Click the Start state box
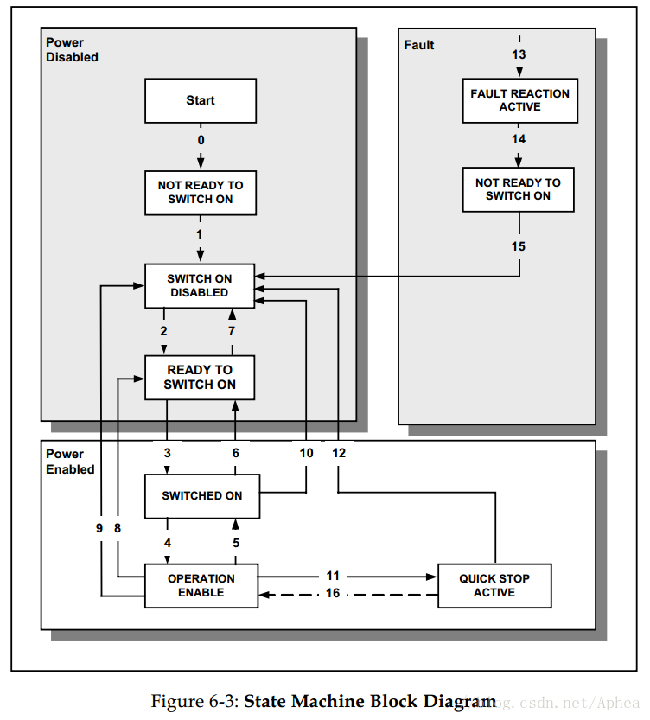click(x=201, y=100)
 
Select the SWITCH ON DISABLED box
click(x=200, y=285)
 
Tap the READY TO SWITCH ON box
click(x=200, y=378)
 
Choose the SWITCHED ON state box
click(x=202, y=496)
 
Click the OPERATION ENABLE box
click(x=201, y=585)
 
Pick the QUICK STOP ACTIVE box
click(x=494, y=585)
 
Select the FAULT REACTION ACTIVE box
click(x=520, y=100)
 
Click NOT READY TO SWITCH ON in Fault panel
click(x=519, y=189)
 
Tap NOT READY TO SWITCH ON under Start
click(x=201, y=193)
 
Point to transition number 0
click(x=201, y=140)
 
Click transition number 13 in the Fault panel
click(x=519, y=54)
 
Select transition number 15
click(x=519, y=246)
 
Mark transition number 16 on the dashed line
click(x=333, y=593)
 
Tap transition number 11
click(x=333, y=576)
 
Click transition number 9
click(x=99, y=528)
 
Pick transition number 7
click(x=232, y=331)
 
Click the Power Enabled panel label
click(x=70, y=462)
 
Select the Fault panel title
click(x=418, y=45)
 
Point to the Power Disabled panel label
click(x=72, y=49)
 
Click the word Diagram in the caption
click(x=460, y=702)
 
